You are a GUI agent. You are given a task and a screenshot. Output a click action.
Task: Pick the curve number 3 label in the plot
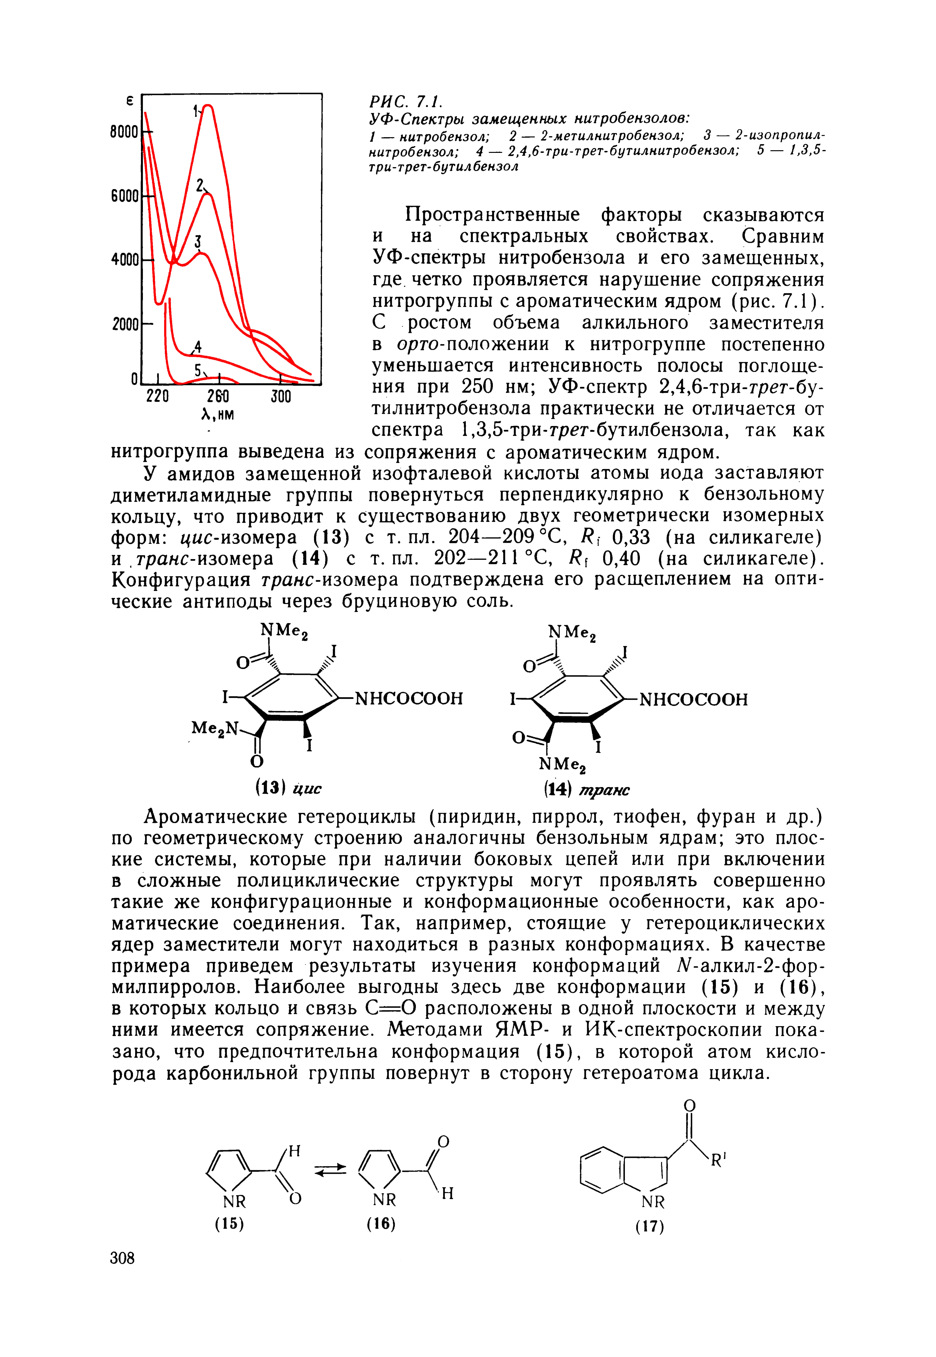pyautogui.click(x=198, y=242)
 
